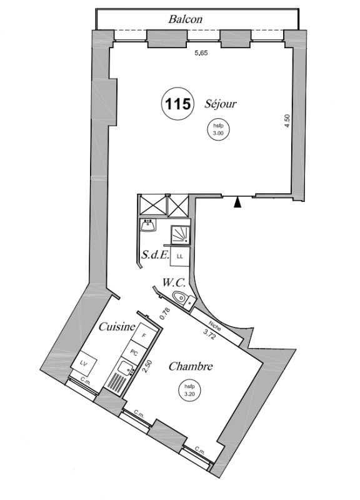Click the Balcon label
(x=185, y=19)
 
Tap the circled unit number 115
(x=178, y=104)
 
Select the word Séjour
(x=221, y=104)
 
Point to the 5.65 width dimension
(x=201, y=53)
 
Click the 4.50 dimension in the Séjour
(x=287, y=121)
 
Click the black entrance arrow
(x=237, y=202)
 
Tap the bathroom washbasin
(x=147, y=226)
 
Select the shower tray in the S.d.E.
(x=181, y=235)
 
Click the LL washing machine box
(x=180, y=257)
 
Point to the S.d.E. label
(x=155, y=255)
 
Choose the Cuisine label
(x=117, y=326)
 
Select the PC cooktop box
(x=134, y=352)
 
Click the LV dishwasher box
(x=84, y=363)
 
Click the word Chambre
(x=191, y=366)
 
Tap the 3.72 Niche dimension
(x=209, y=335)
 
